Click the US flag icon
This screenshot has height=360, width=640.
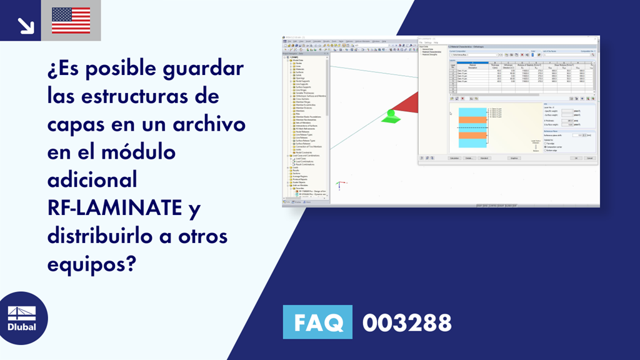click(x=71, y=20)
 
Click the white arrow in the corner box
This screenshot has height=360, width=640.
click(x=26, y=24)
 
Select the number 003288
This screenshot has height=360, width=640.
click(x=407, y=323)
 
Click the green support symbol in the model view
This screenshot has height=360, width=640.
click(x=391, y=117)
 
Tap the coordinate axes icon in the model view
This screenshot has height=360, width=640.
click(x=339, y=186)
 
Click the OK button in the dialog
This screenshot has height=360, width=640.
click(x=576, y=158)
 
